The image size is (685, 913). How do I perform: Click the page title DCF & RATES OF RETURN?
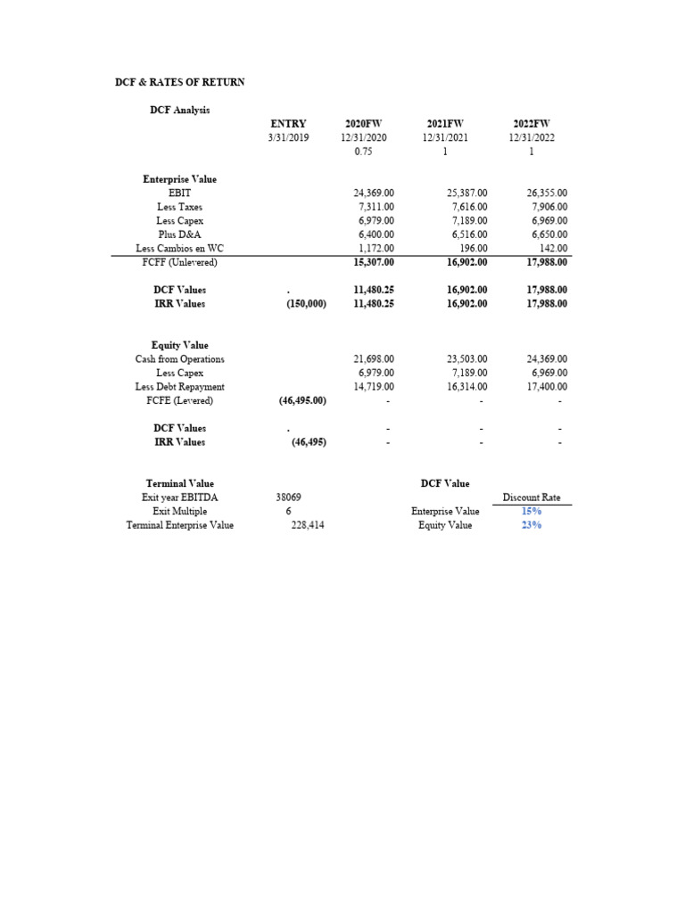[179, 82]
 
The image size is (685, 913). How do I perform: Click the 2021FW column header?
[445, 124]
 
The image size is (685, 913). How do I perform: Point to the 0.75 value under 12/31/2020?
[362, 152]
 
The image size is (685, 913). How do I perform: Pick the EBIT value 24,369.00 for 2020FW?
[374, 193]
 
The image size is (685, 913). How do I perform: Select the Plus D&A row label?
[179, 234]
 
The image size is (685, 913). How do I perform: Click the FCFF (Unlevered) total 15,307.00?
[374, 262]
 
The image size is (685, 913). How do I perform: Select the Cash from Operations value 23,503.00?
[467, 359]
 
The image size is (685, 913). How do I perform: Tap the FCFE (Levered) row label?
[179, 400]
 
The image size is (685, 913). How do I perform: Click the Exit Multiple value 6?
[288, 511]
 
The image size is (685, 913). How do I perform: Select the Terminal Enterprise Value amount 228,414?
[309, 525]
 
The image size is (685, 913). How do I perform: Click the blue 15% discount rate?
[532, 511]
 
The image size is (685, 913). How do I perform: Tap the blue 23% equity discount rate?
[532, 525]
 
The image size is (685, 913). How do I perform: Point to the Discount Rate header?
[532, 498]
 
